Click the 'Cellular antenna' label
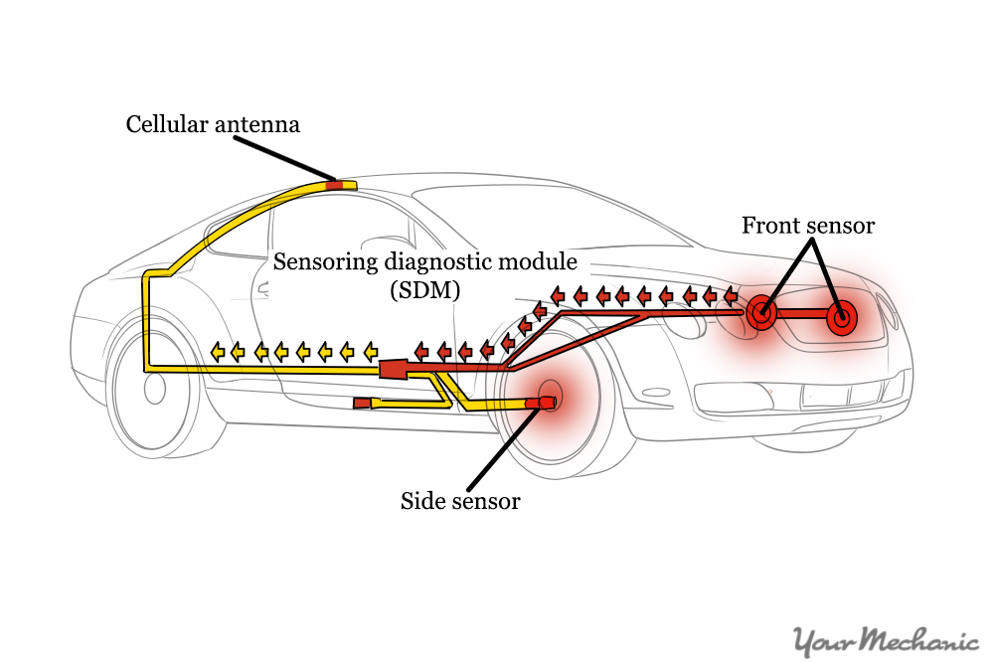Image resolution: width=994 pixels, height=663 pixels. pos(213,124)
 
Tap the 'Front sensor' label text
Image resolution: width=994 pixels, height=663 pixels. pos(808,226)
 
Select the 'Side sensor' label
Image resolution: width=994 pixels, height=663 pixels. pos(460,501)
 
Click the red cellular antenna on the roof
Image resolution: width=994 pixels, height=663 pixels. pos(335,184)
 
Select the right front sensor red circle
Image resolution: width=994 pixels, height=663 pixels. pos(841,318)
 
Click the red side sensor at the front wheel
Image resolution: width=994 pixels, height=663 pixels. pos(546,402)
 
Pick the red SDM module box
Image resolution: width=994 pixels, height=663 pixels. pos(394,370)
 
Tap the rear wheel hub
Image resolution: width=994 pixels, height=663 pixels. pos(154,388)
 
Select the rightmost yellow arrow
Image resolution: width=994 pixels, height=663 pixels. pos(370,351)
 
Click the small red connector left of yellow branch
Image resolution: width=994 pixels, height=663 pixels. pos(363,403)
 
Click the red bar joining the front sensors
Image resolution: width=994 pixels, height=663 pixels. pos(801,314)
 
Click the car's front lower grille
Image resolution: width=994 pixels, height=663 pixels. pos(805,397)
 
